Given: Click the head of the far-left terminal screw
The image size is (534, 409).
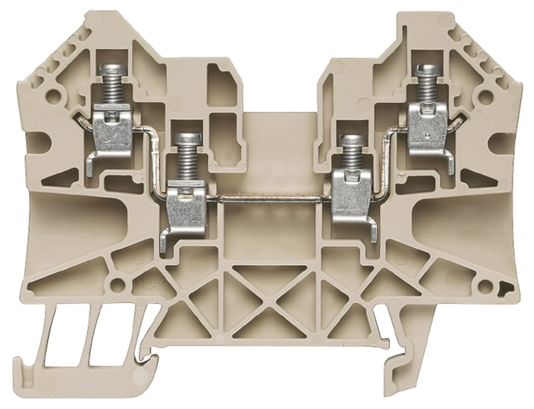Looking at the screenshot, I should (112, 71).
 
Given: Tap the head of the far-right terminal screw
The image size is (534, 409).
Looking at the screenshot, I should (427, 70).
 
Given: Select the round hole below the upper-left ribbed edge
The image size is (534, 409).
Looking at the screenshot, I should (52, 97).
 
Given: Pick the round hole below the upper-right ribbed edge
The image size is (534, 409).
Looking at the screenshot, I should (484, 98).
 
